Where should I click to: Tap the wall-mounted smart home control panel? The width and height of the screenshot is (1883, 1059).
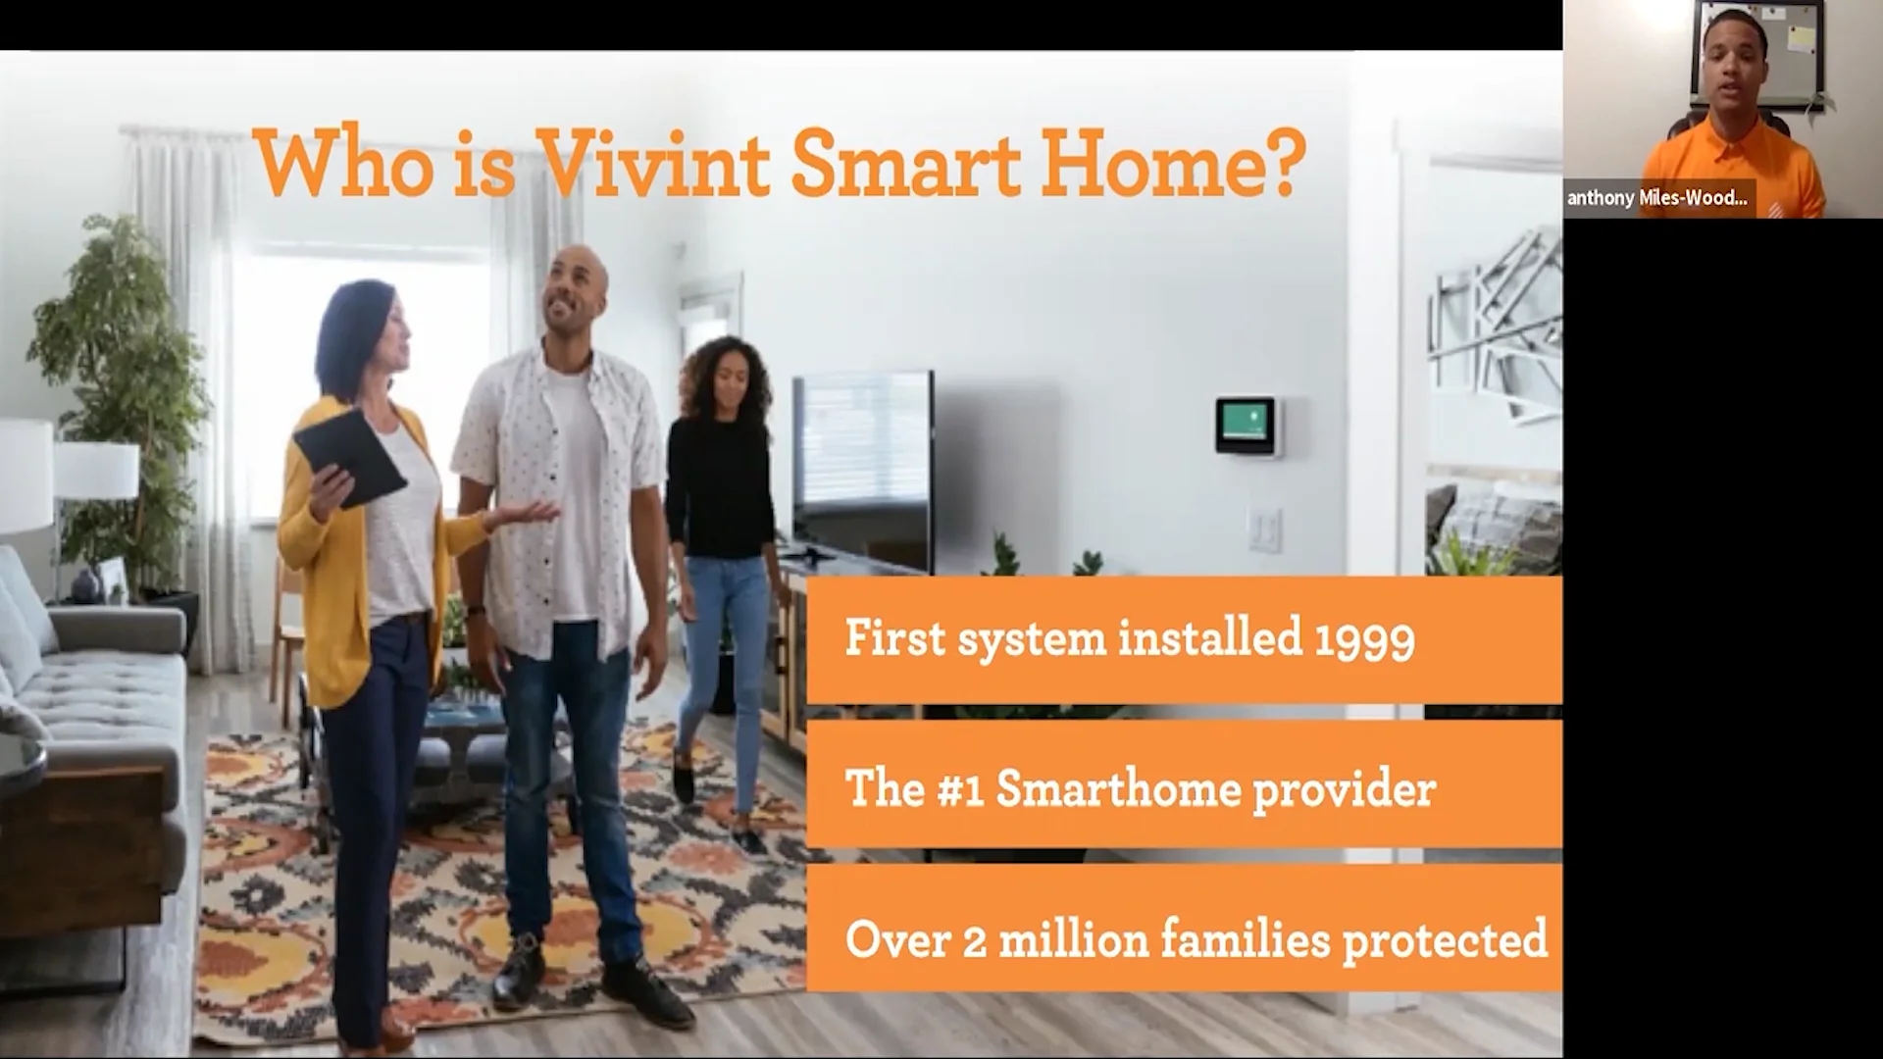pos(1246,426)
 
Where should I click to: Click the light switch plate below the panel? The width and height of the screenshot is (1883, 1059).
pos(1264,529)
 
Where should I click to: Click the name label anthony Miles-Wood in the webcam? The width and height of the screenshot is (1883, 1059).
pos(1657,199)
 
